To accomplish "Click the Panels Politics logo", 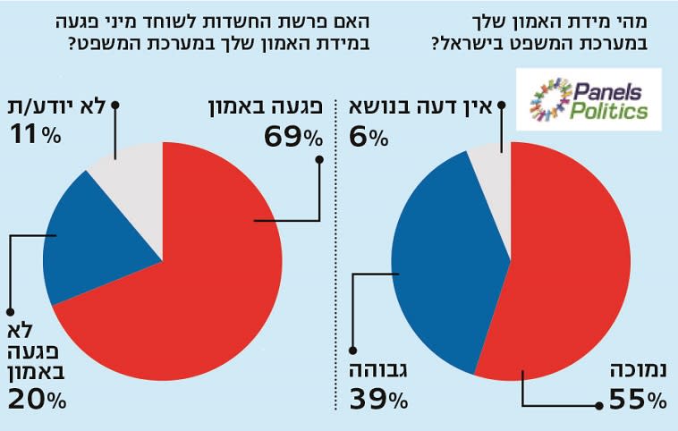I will [593, 99].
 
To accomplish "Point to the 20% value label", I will [37, 401].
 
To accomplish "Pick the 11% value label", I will [36, 135].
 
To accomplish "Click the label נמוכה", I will [638, 369].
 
